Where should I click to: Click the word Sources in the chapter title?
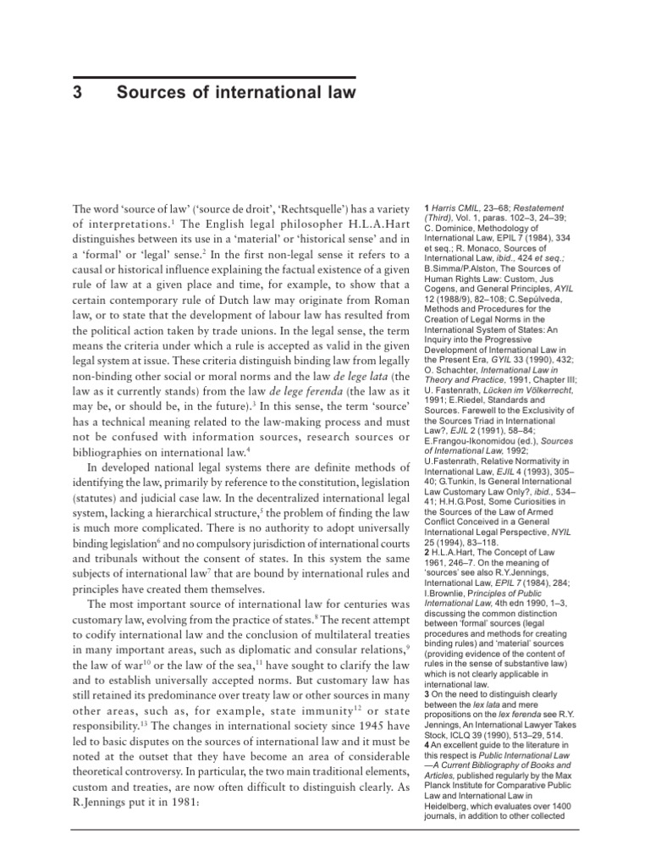tap(162, 91)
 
